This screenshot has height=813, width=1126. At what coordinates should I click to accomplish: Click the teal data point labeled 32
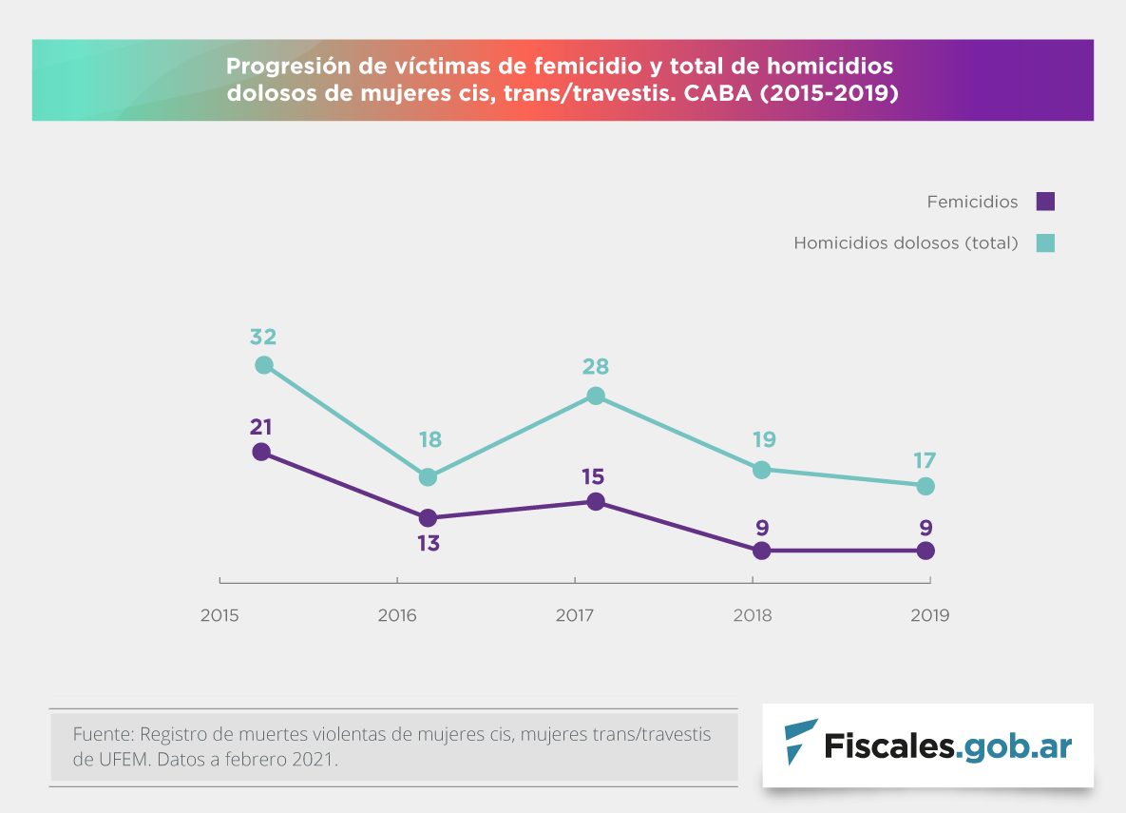[264, 365]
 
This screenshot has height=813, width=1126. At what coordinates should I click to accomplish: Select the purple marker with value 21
[262, 452]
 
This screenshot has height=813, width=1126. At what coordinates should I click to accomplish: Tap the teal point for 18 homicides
[428, 476]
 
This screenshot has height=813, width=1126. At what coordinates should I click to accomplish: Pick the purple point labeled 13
[428, 518]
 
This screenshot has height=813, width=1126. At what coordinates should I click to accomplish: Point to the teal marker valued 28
[596, 396]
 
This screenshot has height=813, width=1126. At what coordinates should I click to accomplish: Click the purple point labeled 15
[595, 501]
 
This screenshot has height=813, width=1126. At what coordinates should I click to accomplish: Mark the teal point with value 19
[761, 470]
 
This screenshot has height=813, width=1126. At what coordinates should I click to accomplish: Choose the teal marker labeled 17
[926, 486]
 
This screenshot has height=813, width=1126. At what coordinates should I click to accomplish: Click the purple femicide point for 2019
[926, 551]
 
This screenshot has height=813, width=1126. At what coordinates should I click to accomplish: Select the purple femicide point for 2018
[761, 551]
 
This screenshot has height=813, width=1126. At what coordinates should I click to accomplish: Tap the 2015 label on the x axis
[219, 615]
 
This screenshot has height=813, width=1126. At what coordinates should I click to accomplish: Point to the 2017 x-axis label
[575, 615]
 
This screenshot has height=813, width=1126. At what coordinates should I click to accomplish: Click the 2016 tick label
[397, 615]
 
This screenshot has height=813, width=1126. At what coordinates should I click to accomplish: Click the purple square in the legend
[1045, 202]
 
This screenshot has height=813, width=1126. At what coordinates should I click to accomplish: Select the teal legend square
[1045, 242]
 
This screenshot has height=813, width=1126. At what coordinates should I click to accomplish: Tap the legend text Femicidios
[972, 203]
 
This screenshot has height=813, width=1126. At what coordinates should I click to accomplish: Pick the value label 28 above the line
[596, 367]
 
